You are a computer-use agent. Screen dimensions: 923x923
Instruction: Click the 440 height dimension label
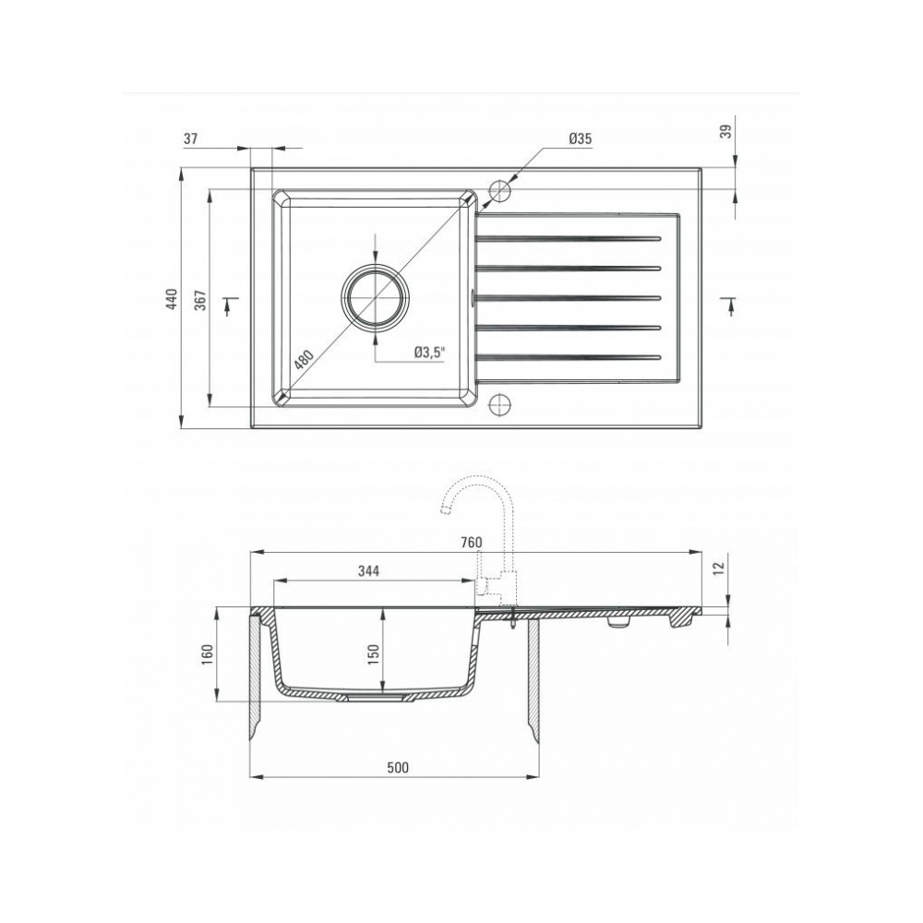(171, 300)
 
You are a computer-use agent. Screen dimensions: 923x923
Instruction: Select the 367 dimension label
(200, 300)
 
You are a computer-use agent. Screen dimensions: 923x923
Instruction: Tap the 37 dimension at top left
(190, 139)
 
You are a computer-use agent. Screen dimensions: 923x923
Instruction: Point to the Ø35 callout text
(580, 139)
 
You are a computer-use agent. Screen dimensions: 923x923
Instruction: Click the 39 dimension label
(726, 131)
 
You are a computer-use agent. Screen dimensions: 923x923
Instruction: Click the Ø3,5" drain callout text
(429, 353)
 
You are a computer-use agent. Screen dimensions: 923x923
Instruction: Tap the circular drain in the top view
(376, 296)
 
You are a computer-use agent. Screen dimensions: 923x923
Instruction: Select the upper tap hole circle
(499, 189)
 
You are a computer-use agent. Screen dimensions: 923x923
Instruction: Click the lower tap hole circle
(499, 403)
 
